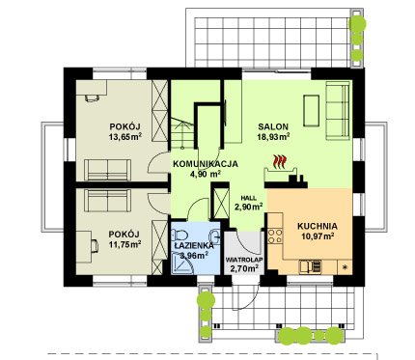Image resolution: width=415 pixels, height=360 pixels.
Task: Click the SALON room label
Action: [x=273, y=126]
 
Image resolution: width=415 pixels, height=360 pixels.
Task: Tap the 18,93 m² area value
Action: [x=273, y=137]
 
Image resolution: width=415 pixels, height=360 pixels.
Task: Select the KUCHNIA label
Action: [x=318, y=226]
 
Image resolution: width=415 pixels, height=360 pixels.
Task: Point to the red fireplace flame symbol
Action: [x=280, y=161]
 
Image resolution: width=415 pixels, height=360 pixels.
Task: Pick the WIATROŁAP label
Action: [x=244, y=260]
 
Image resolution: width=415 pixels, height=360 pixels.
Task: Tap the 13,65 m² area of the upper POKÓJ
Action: [x=125, y=137]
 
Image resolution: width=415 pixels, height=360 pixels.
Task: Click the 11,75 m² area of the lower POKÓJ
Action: [x=124, y=244]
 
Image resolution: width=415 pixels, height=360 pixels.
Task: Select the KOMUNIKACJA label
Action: [x=206, y=164]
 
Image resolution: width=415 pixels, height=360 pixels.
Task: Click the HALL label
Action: [x=249, y=199]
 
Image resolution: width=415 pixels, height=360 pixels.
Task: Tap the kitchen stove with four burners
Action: [x=275, y=235]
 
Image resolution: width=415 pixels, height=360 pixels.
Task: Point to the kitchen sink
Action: [x=310, y=266]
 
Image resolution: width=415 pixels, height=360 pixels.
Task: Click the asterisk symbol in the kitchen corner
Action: [x=346, y=266]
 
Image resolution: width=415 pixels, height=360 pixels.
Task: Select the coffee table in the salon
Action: [x=311, y=110]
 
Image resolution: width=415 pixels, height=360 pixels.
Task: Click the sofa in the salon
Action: [x=338, y=111]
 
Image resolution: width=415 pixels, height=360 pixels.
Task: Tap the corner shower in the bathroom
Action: [x=181, y=263]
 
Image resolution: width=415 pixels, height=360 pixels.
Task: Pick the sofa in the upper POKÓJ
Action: [x=107, y=170]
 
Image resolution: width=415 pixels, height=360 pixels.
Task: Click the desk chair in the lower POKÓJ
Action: [x=95, y=246]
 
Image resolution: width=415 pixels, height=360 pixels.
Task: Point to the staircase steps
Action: [x=181, y=133]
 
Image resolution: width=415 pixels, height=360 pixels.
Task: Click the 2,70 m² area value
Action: [x=244, y=268]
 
